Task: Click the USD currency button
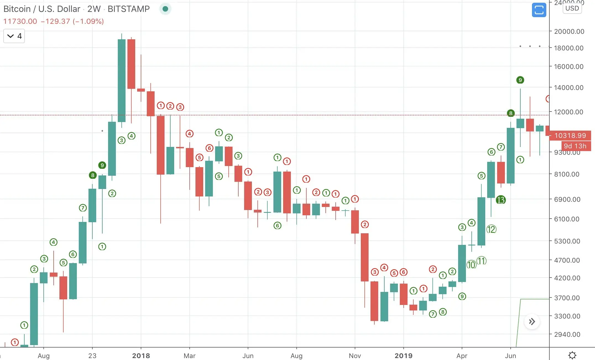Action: [x=572, y=8]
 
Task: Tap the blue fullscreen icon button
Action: [x=539, y=10]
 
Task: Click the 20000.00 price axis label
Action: [x=569, y=32]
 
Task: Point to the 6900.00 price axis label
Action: [x=567, y=199]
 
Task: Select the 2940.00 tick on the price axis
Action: [x=567, y=334]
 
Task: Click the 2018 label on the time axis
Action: [x=141, y=356]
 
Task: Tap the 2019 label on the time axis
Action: [x=403, y=356]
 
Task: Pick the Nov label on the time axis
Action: [x=355, y=356]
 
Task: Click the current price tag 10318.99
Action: [x=570, y=136]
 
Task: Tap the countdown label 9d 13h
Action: [x=575, y=146]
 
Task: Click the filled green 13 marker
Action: [x=501, y=200]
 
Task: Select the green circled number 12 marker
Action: [x=491, y=229]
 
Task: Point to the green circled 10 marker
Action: [x=471, y=265]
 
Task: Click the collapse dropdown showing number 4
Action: [x=14, y=36]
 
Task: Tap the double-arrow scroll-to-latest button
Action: [x=532, y=322]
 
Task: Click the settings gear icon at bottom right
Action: [x=572, y=355]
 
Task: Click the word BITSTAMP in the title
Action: [x=129, y=9]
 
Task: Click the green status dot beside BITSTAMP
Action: [x=165, y=9]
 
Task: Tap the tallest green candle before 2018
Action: [x=122, y=80]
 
